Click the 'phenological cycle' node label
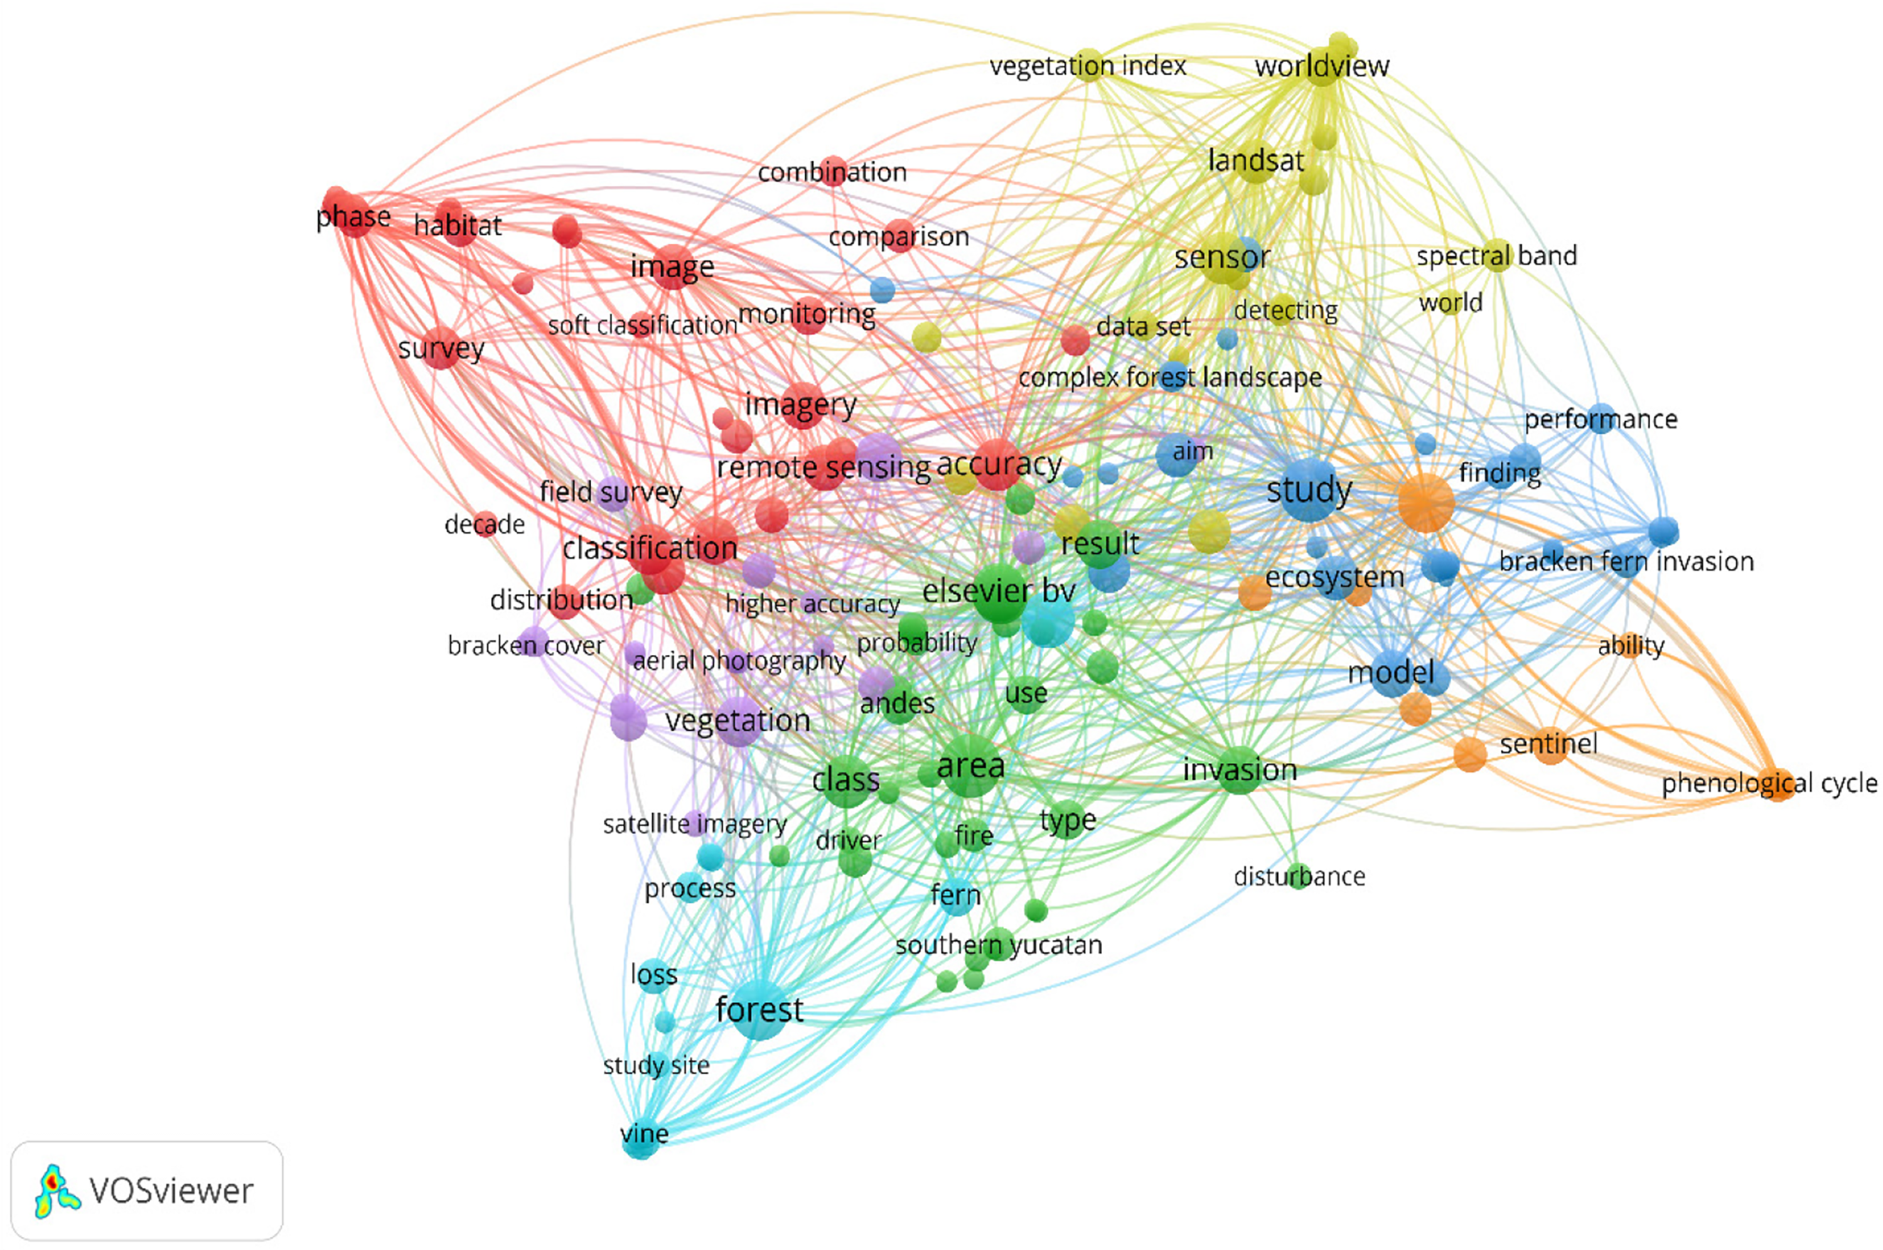pyautogui.click(x=1769, y=784)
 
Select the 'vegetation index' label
pyautogui.click(x=1088, y=65)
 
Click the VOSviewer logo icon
pyautogui.click(x=56, y=1191)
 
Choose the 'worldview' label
pyautogui.click(x=1322, y=65)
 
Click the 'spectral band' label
pyautogui.click(x=1496, y=256)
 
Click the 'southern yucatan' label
pyautogui.click(x=999, y=946)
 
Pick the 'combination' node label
pyautogui.click(x=832, y=172)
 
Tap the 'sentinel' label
pyautogui.click(x=1548, y=744)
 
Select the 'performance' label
pyautogui.click(x=1601, y=419)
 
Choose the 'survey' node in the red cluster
pyautogui.click(x=441, y=348)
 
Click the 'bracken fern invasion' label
pyautogui.click(x=1626, y=561)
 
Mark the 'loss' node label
pyautogui.click(x=653, y=974)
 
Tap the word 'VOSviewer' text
pyautogui.click(x=171, y=1191)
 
